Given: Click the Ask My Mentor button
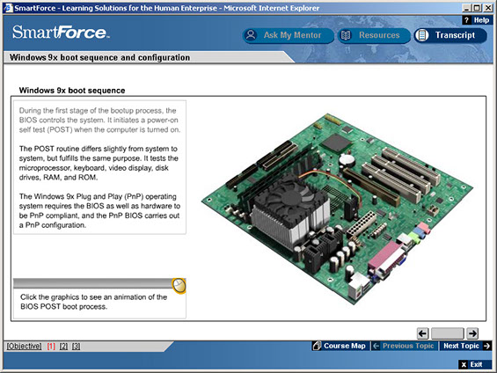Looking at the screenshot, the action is [x=288, y=35].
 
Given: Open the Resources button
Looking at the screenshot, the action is [x=374, y=35].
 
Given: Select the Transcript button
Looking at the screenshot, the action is [x=450, y=35].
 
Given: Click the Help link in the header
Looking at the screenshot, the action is [x=478, y=20].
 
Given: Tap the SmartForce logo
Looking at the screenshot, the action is [x=61, y=33].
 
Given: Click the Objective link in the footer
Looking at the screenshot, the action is [x=24, y=346].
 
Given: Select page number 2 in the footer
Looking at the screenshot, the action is [x=63, y=346].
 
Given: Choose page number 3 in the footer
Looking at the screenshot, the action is [x=76, y=346].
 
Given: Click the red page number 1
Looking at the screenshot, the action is [x=51, y=346].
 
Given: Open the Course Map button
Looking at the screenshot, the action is [x=340, y=346].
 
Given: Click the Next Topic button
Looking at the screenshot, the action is [x=466, y=346].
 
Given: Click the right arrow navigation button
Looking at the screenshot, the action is [x=472, y=333].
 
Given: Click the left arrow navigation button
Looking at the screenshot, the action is [x=423, y=333].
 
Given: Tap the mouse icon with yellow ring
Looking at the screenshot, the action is [x=179, y=286].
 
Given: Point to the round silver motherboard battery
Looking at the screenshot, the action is [x=347, y=159].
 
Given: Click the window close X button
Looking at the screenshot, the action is [x=488, y=8].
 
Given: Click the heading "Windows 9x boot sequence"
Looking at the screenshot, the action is [x=72, y=91].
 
